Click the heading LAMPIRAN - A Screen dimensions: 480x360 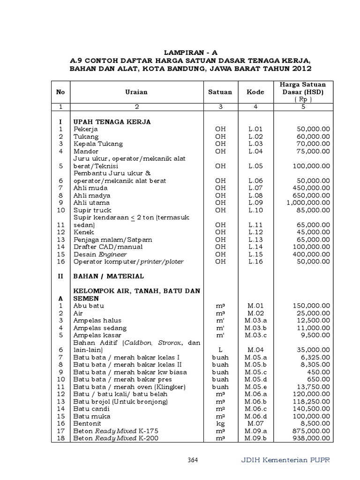point(190,52)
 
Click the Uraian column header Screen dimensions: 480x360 point(136,92)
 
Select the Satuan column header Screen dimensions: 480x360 point(220,92)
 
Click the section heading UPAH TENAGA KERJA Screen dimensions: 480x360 point(112,121)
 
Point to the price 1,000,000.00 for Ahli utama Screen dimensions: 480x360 point(308,202)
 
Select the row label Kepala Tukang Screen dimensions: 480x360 point(98,144)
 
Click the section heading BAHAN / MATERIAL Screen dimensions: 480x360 point(107,276)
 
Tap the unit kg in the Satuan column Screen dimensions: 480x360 point(220,423)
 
